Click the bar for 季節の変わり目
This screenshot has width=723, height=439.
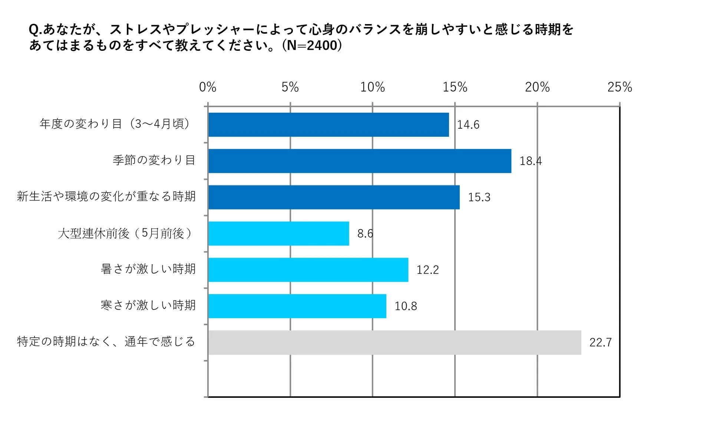[360, 161]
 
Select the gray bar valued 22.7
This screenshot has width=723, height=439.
[394, 342]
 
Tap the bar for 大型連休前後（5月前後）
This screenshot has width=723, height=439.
[278, 234]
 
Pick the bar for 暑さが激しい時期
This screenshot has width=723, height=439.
[308, 270]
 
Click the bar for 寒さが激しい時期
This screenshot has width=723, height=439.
[297, 306]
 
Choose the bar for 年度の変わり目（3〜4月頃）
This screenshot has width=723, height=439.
[329, 125]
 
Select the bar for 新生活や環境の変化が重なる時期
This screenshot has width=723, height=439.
[334, 197]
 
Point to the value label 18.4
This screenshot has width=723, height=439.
[530, 161]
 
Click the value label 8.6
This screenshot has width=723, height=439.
[365, 234]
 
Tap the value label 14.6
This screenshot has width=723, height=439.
[468, 125]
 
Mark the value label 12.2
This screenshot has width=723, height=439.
[427, 270]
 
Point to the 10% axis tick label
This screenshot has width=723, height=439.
[372, 87]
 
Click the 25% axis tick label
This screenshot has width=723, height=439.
[619, 87]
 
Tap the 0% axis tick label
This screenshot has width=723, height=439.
[208, 87]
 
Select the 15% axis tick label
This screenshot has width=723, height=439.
[455, 87]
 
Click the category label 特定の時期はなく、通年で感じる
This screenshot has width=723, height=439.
[106, 341]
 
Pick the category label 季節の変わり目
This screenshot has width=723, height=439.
[154, 160]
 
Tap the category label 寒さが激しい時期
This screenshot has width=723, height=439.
[148, 305]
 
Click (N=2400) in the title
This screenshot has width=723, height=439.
[312, 45]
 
